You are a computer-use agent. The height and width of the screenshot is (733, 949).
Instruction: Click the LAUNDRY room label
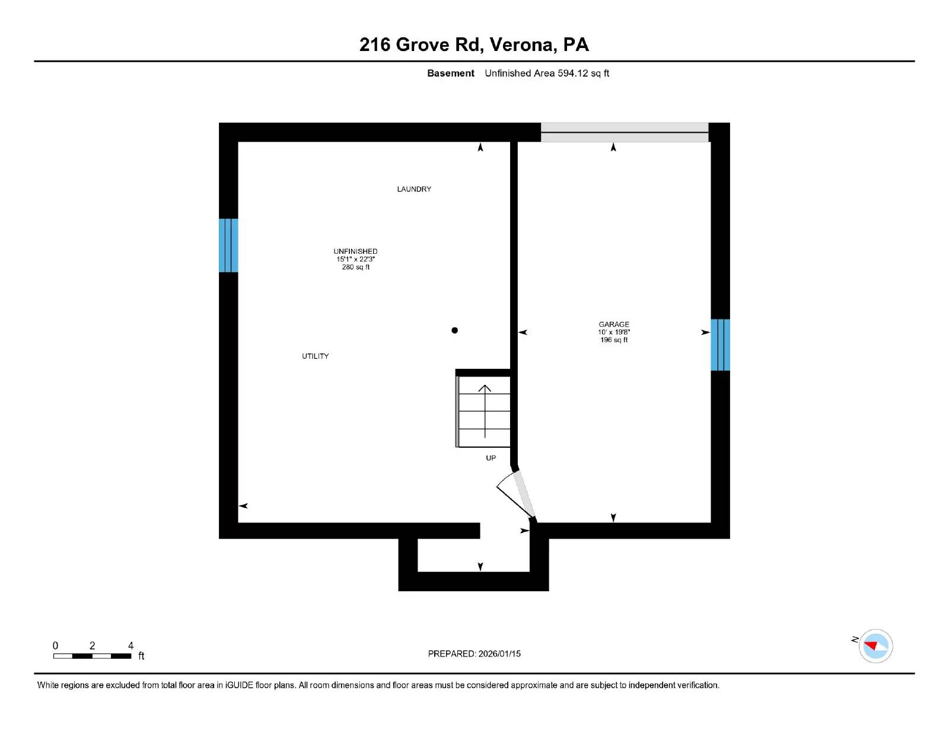[x=414, y=189]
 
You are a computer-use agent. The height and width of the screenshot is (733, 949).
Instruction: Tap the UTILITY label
[x=315, y=356]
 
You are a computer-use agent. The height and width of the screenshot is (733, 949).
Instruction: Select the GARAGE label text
[x=613, y=324]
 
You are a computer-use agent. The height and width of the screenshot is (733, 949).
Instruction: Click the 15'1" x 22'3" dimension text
[x=355, y=259]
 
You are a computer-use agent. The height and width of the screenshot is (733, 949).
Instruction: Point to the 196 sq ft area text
[x=613, y=340]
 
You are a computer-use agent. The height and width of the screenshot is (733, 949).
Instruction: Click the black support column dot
[x=454, y=330]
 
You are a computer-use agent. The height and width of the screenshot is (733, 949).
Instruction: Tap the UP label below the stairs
[x=491, y=458]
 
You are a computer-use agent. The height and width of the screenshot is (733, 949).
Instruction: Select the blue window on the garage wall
[x=720, y=345]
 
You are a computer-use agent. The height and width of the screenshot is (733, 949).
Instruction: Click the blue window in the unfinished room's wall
[x=228, y=245]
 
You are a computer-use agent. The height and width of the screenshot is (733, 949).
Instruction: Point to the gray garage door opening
[x=624, y=132]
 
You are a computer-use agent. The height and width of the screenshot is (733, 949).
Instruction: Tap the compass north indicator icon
[x=875, y=646]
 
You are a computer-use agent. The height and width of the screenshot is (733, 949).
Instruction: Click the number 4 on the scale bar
[x=130, y=646]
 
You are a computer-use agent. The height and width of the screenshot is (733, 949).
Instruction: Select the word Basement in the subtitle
[x=450, y=74]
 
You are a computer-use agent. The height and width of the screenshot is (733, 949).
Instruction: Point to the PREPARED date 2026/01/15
[x=499, y=654]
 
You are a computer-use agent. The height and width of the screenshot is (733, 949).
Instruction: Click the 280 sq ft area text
[x=355, y=267]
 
